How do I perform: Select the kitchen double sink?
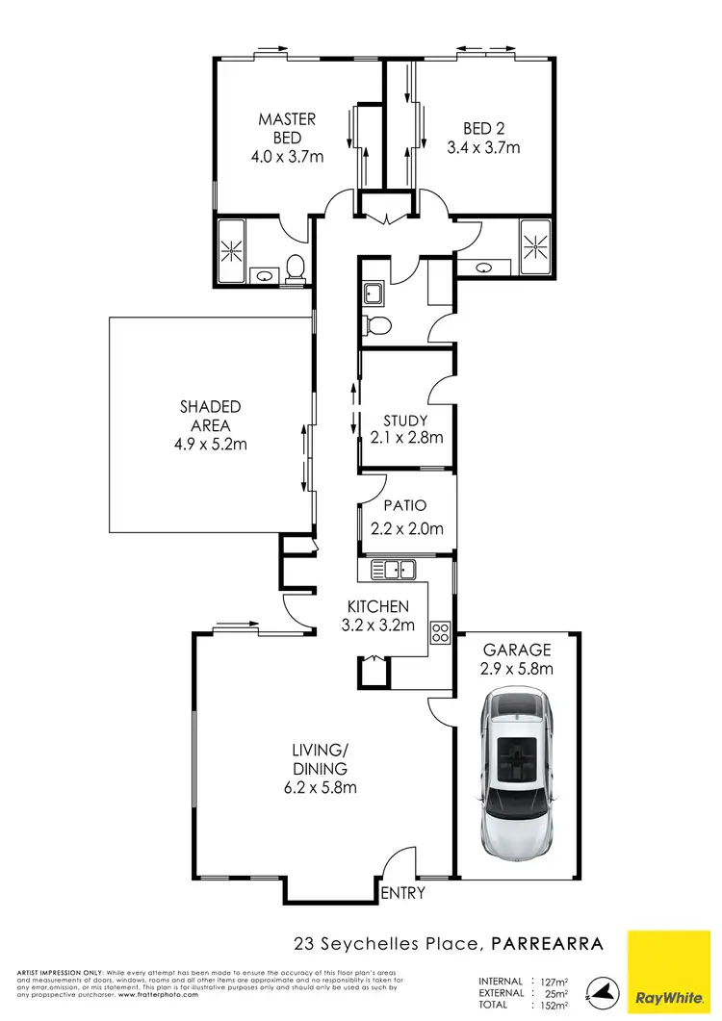[394, 570]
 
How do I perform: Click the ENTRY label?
[402, 893]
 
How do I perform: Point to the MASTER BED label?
[287, 128]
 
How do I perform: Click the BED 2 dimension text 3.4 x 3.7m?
[483, 148]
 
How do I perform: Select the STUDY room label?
[405, 421]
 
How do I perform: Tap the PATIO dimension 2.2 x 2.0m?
[406, 527]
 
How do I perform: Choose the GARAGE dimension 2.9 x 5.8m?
[518, 669]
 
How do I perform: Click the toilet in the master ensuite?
[296, 266]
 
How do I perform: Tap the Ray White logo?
[670, 974]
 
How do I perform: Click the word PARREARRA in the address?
[548, 944]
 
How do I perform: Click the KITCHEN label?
[378, 606]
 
